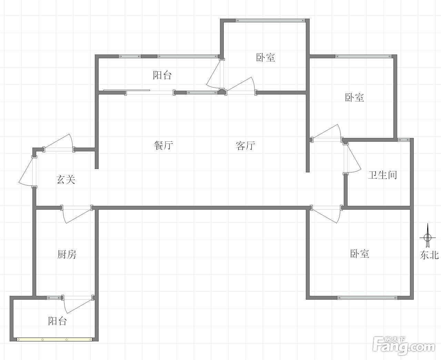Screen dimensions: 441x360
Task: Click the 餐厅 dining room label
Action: [163, 145]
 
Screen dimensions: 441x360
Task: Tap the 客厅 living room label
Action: [245, 146]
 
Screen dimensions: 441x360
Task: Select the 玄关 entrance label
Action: [66, 179]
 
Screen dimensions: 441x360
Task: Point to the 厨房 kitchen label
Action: [67, 254]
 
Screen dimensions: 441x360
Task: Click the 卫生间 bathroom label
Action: [382, 175]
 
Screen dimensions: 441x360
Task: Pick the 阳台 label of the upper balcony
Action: [162, 75]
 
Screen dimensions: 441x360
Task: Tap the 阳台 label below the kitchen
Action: [58, 321]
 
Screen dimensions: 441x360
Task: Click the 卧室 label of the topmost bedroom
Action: [265, 57]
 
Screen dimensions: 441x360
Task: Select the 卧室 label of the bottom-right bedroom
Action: [360, 253]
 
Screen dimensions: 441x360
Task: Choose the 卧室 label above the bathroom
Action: [354, 98]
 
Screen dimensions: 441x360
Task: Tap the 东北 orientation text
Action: [429, 255]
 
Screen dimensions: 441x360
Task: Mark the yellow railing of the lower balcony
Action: [54, 340]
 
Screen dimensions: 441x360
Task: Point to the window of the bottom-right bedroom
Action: [367, 298]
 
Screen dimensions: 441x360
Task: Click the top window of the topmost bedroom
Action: [270, 20]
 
